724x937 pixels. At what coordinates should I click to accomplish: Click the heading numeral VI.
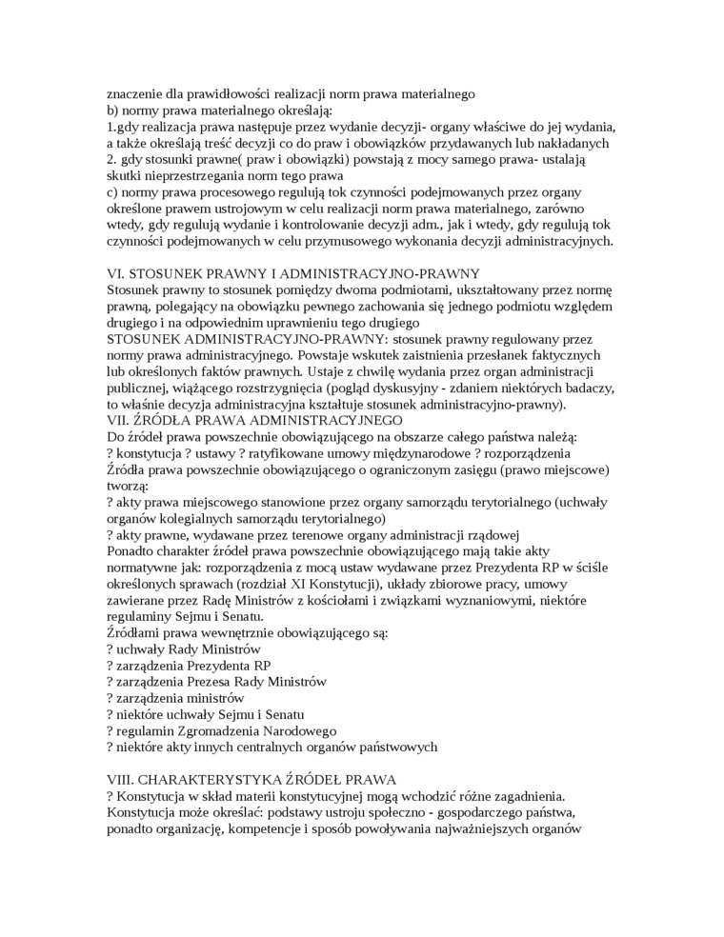pos(114,273)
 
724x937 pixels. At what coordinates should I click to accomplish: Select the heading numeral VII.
pos(117,420)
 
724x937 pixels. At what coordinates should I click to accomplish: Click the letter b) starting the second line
pos(113,110)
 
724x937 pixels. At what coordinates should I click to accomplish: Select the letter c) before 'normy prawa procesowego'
pos(112,192)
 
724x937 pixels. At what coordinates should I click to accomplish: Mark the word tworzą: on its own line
pos(127,486)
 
